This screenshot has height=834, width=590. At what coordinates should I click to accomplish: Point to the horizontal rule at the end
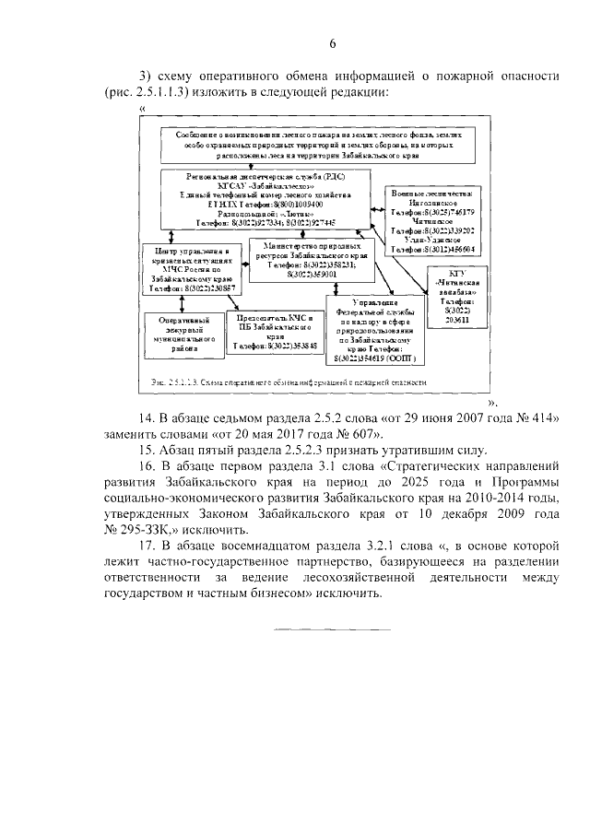pos(333,629)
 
